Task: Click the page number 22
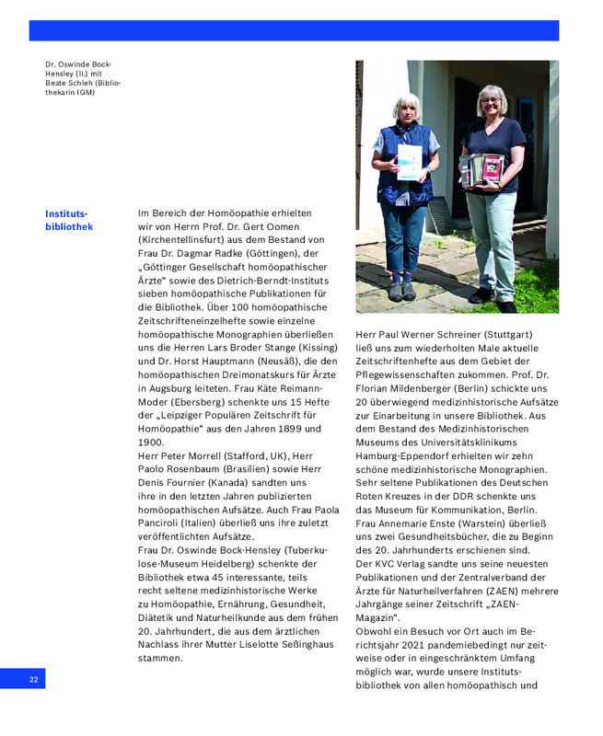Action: pyautogui.click(x=33, y=679)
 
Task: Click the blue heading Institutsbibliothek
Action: pyautogui.click(x=68, y=220)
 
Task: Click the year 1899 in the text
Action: pyautogui.click(x=292, y=429)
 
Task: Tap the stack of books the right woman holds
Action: pyautogui.click(x=484, y=169)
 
